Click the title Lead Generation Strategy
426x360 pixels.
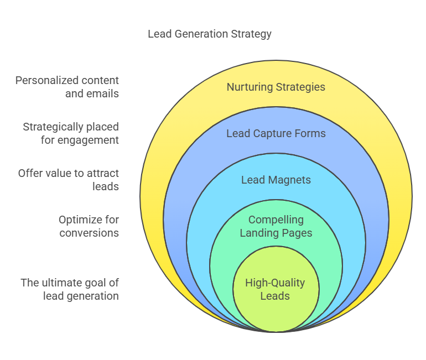point(210,34)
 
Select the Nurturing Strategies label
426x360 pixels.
point(276,87)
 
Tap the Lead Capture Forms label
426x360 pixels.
point(276,133)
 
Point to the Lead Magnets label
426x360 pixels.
point(276,180)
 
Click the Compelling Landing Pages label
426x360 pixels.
point(276,226)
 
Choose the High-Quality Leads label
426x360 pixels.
point(275,289)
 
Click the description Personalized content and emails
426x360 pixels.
point(67,87)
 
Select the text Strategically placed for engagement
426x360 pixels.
point(71,133)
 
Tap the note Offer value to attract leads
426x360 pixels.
point(69,180)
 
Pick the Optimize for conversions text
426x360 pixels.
point(89,226)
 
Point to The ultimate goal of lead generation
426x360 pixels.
point(70,289)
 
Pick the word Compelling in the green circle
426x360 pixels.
point(276,220)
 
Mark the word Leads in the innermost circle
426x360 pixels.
point(275,296)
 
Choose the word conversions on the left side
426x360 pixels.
point(89,233)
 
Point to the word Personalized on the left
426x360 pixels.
point(42,80)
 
